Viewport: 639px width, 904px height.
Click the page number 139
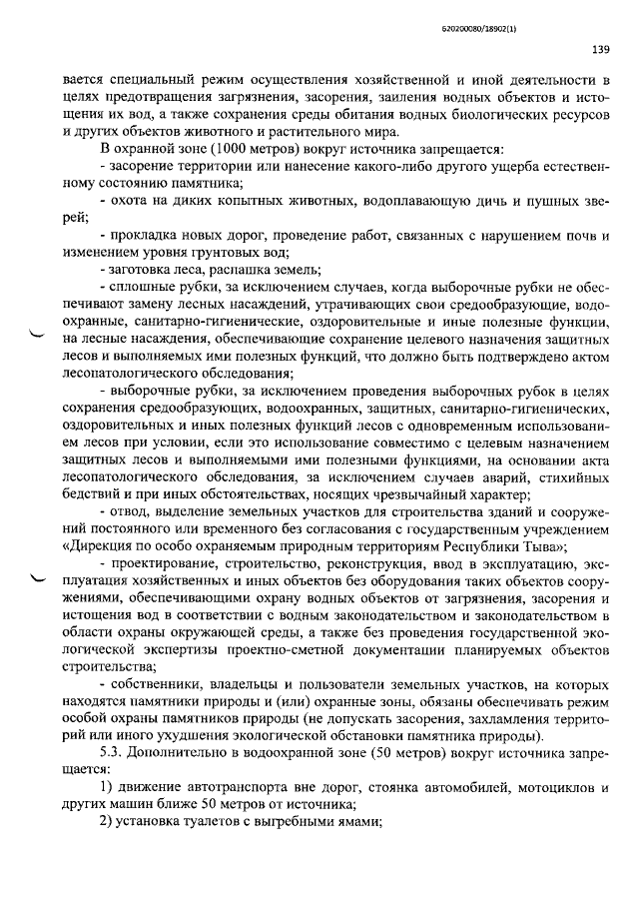point(600,50)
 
